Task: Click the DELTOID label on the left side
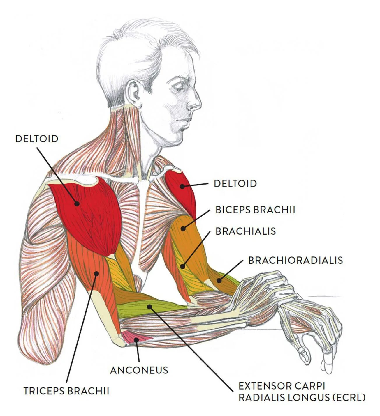pos(37,139)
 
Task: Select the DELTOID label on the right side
pos(235,183)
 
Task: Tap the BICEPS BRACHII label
pos(255,210)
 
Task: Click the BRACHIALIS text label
pos(245,231)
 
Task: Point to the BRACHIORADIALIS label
pos(295,260)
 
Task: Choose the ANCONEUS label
pos(139,370)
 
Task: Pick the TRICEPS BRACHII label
pos(66,391)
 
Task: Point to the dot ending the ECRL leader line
pos(149,306)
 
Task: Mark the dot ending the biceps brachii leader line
pos(183,228)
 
